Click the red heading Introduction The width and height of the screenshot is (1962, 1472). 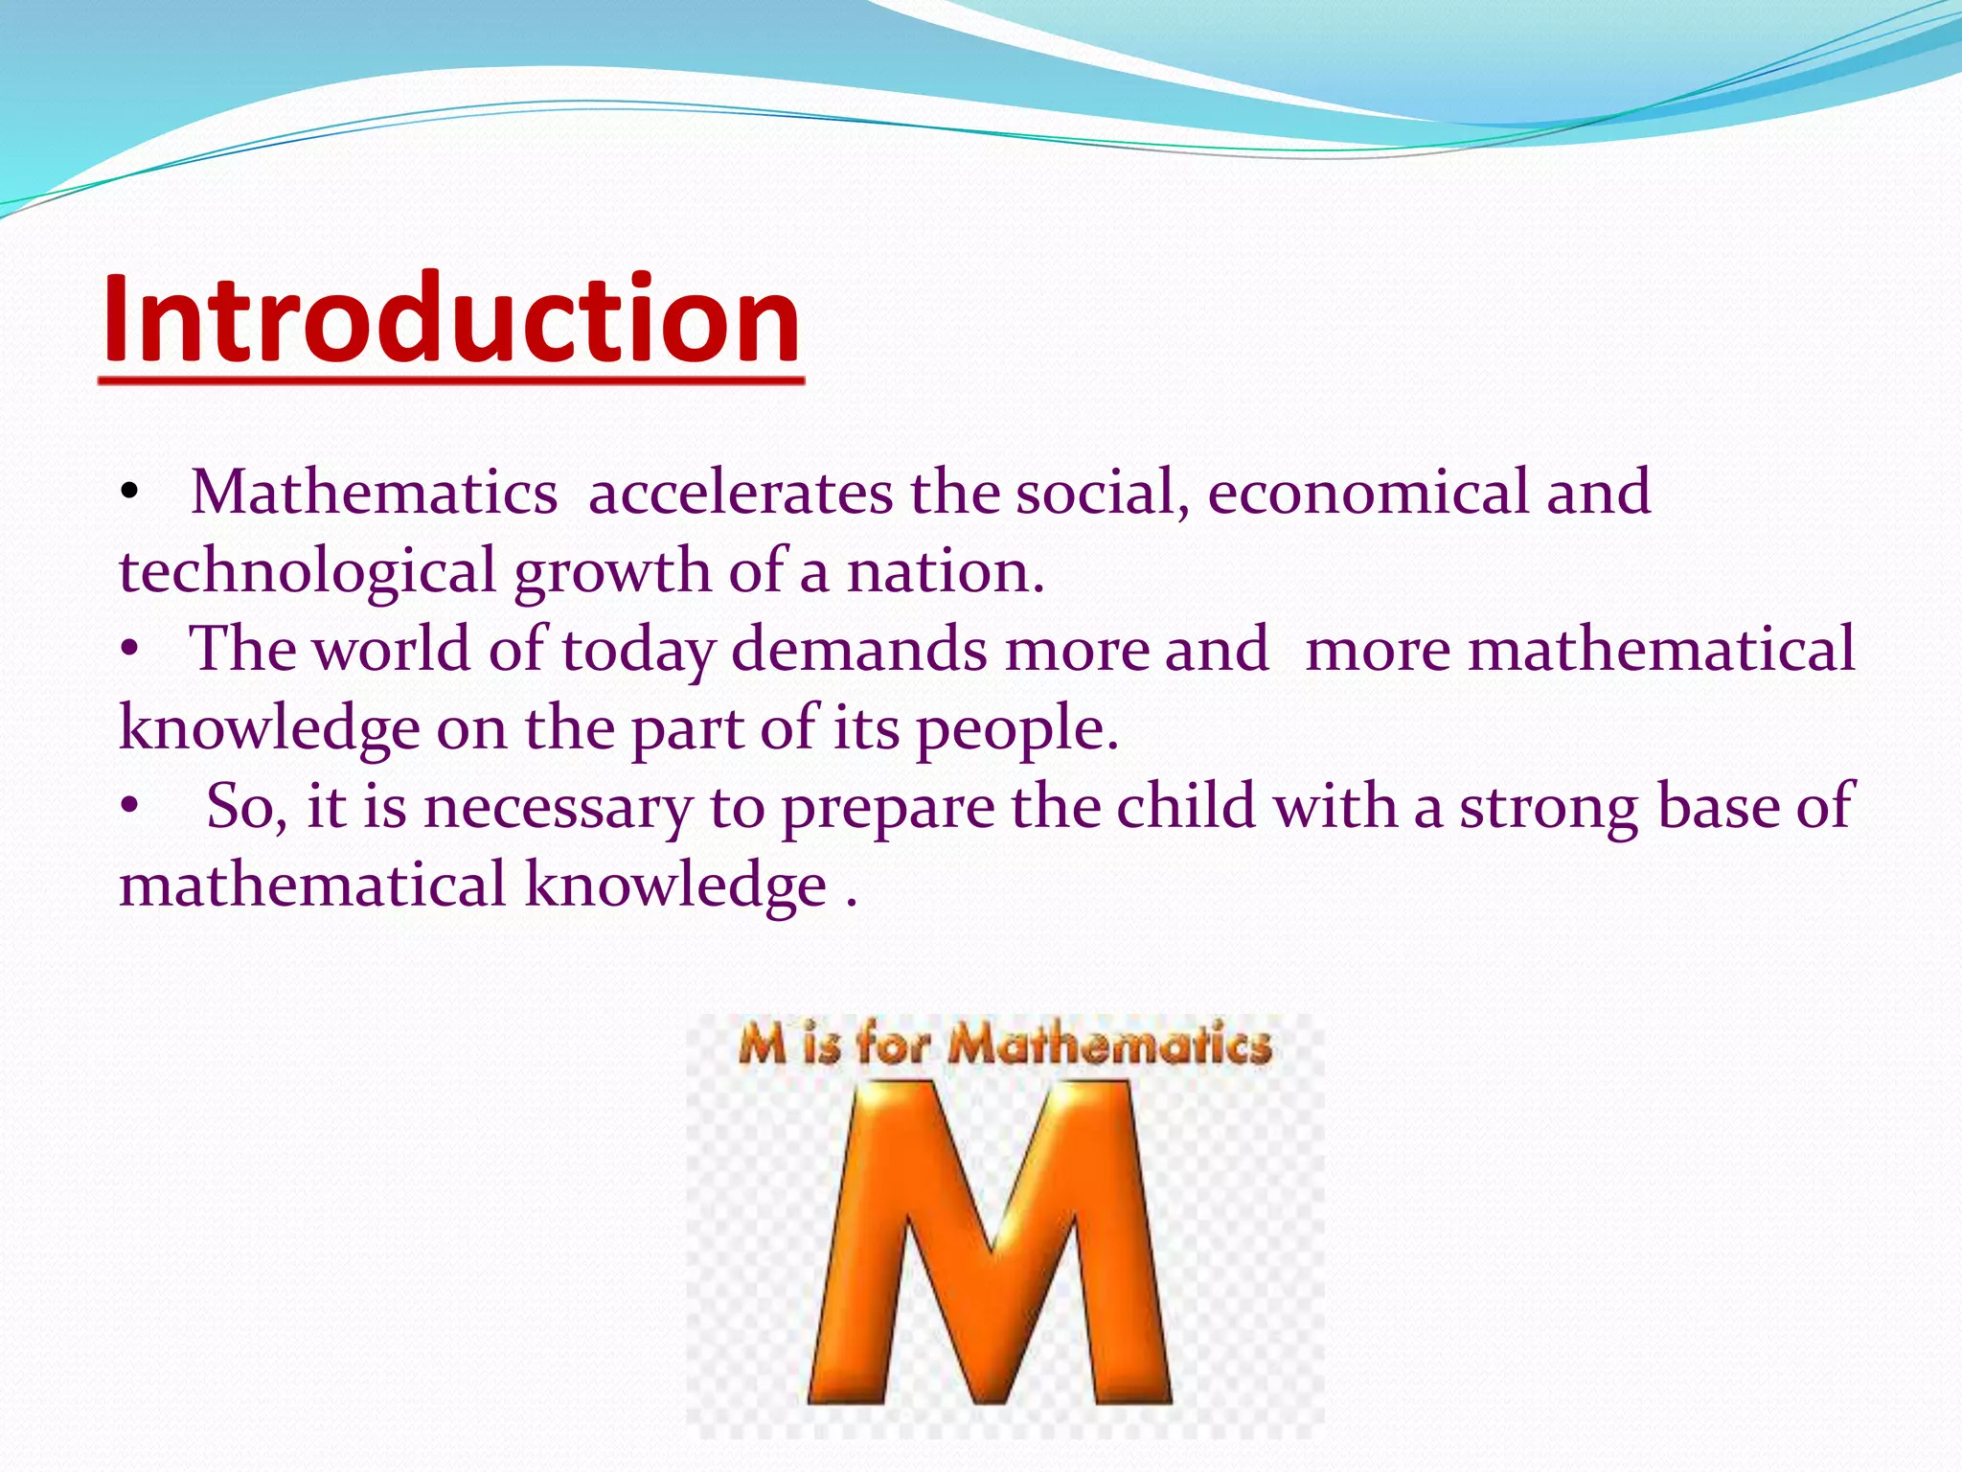coord(450,320)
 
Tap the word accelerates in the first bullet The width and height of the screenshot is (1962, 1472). coord(741,494)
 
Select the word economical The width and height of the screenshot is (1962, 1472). coord(1367,494)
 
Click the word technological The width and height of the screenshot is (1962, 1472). coord(307,572)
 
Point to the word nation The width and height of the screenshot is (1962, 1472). coord(945,572)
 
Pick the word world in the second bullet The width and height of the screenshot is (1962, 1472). coord(393,650)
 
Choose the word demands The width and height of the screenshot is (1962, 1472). coord(859,650)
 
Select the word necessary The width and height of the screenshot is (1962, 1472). coord(557,808)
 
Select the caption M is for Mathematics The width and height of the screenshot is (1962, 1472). coord(1005,1044)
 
